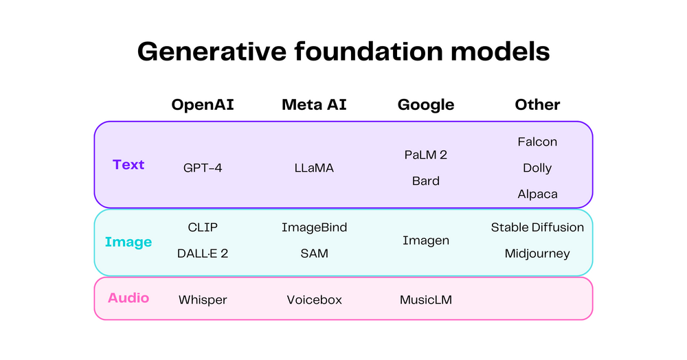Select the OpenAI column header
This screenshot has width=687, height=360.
[x=203, y=104]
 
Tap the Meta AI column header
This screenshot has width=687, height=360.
[x=314, y=104]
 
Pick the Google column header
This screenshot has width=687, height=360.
[x=426, y=104]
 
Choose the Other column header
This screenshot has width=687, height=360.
[x=537, y=104]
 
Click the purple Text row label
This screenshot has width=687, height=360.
[x=128, y=165]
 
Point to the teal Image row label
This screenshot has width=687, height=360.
[x=128, y=242]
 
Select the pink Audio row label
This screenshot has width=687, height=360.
[x=128, y=298]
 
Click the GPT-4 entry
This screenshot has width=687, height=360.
[x=203, y=168]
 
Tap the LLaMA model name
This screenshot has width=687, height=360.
[x=314, y=168]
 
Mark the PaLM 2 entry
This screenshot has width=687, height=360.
[x=426, y=155]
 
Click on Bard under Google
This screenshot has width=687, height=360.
[x=426, y=181]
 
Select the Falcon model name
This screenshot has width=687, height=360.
[x=537, y=142]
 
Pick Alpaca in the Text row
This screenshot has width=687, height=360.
[x=537, y=194]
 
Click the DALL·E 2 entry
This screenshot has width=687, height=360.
[x=203, y=254]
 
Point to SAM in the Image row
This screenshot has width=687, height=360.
[x=314, y=254]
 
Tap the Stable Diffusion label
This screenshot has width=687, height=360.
[x=537, y=227]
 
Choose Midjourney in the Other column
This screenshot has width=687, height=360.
[x=537, y=254]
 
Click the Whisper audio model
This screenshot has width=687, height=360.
[x=203, y=300]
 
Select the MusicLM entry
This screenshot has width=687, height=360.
[x=426, y=300]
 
